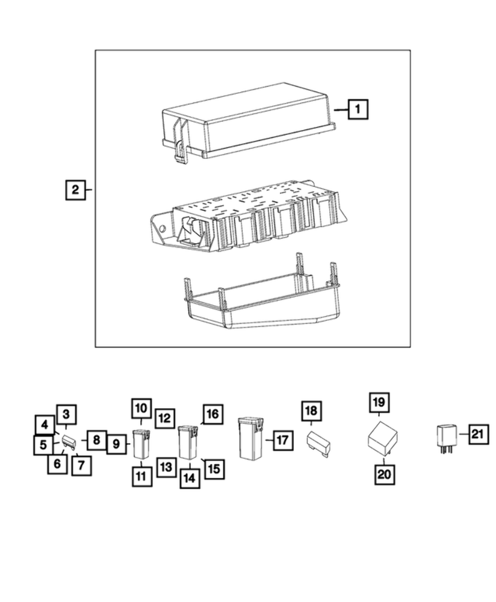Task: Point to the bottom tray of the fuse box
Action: [x=259, y=301]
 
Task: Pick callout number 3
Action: [x=66, y=414]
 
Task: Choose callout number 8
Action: [x=96, y=439]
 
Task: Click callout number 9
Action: [x=117, y=445]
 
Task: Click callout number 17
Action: [x=281, y=440]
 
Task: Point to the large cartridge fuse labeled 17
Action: [x=250, y=438]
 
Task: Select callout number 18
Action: [x=311, y=411]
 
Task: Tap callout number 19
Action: [x=379, y=402]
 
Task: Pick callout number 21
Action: [x=476, y=433]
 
